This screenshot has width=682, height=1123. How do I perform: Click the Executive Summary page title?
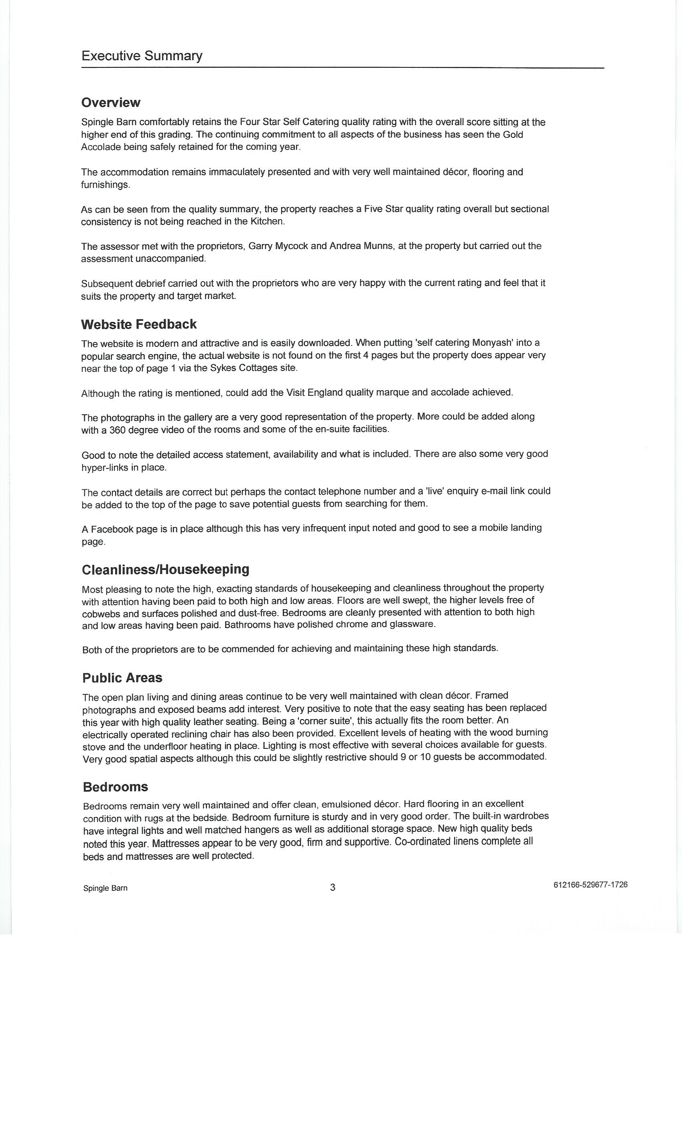point(142,56)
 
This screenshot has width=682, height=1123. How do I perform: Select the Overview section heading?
point(111,103)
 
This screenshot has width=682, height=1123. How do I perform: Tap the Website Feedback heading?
point(138,324)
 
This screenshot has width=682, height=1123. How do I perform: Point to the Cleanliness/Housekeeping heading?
point(165,569)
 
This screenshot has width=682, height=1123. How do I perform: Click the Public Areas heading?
point(122,678)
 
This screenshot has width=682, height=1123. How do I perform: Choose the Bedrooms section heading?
point(116,787)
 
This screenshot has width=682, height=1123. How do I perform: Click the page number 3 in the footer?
point(332,887)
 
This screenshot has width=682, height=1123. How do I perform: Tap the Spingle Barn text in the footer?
point(105,888)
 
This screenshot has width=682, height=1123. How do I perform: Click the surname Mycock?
point(292,246)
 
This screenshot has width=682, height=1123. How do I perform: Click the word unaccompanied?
point(175,259)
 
